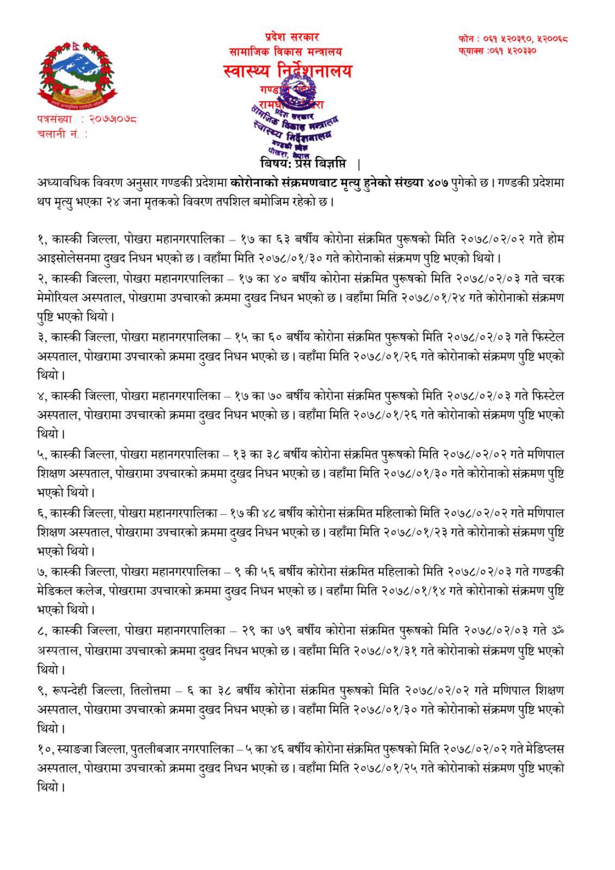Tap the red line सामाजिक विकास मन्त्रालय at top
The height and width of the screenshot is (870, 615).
285,52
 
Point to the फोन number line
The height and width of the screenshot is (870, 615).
506,39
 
